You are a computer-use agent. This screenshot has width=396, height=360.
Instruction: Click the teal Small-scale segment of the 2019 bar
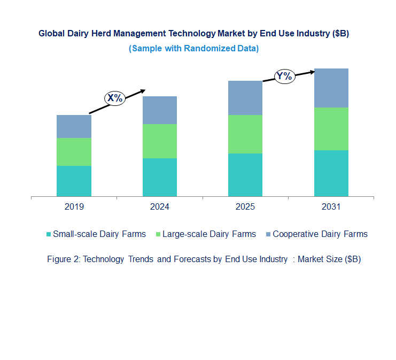[74, 181]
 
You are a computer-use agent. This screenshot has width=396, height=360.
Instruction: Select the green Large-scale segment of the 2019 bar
[74, 152]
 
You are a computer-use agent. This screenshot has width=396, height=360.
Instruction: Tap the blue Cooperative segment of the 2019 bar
[74, 126]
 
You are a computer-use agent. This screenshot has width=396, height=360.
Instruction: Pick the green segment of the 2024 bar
[159, 141]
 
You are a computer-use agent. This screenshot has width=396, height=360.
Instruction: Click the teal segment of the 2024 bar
[159, 177]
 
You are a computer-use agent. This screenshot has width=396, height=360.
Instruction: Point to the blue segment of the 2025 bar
[245, 98]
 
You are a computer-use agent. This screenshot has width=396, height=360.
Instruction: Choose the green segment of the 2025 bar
[245, 134]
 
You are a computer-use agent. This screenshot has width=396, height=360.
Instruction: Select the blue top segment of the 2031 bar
[331, 88]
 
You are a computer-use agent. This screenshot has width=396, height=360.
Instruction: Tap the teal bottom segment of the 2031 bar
[331, 173]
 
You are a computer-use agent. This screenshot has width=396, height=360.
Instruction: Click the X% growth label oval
[114, 98]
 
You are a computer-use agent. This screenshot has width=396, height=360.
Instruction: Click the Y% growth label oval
[284, 76]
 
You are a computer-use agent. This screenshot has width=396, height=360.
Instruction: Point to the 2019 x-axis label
[74, 207]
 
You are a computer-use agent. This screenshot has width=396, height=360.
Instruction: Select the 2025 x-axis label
[245, 207]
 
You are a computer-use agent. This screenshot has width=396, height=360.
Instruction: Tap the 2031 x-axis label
[331, 207]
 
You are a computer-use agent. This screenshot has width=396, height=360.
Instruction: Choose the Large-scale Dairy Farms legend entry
[205, 234]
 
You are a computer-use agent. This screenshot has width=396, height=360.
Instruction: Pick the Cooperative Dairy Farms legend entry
[320, 234]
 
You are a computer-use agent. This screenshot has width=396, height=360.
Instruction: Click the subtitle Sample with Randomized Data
[194, 49]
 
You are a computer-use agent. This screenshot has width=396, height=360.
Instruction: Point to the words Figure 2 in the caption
[63, 259]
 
